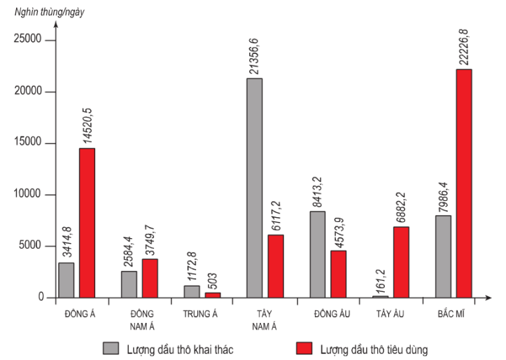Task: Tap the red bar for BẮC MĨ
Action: pyautogui.click(x=464, y=184)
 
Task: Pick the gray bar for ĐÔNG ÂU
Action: pyautogui.click(x=317, y=254)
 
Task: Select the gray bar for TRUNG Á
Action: pyautogui.click(x=191, y=291)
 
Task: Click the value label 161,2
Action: pyautogui.click(x=380, y=279)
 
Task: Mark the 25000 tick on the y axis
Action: pyautogui.click(x=29, y=40)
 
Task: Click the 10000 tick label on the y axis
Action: pyautogui.click(x=29, y=195)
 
